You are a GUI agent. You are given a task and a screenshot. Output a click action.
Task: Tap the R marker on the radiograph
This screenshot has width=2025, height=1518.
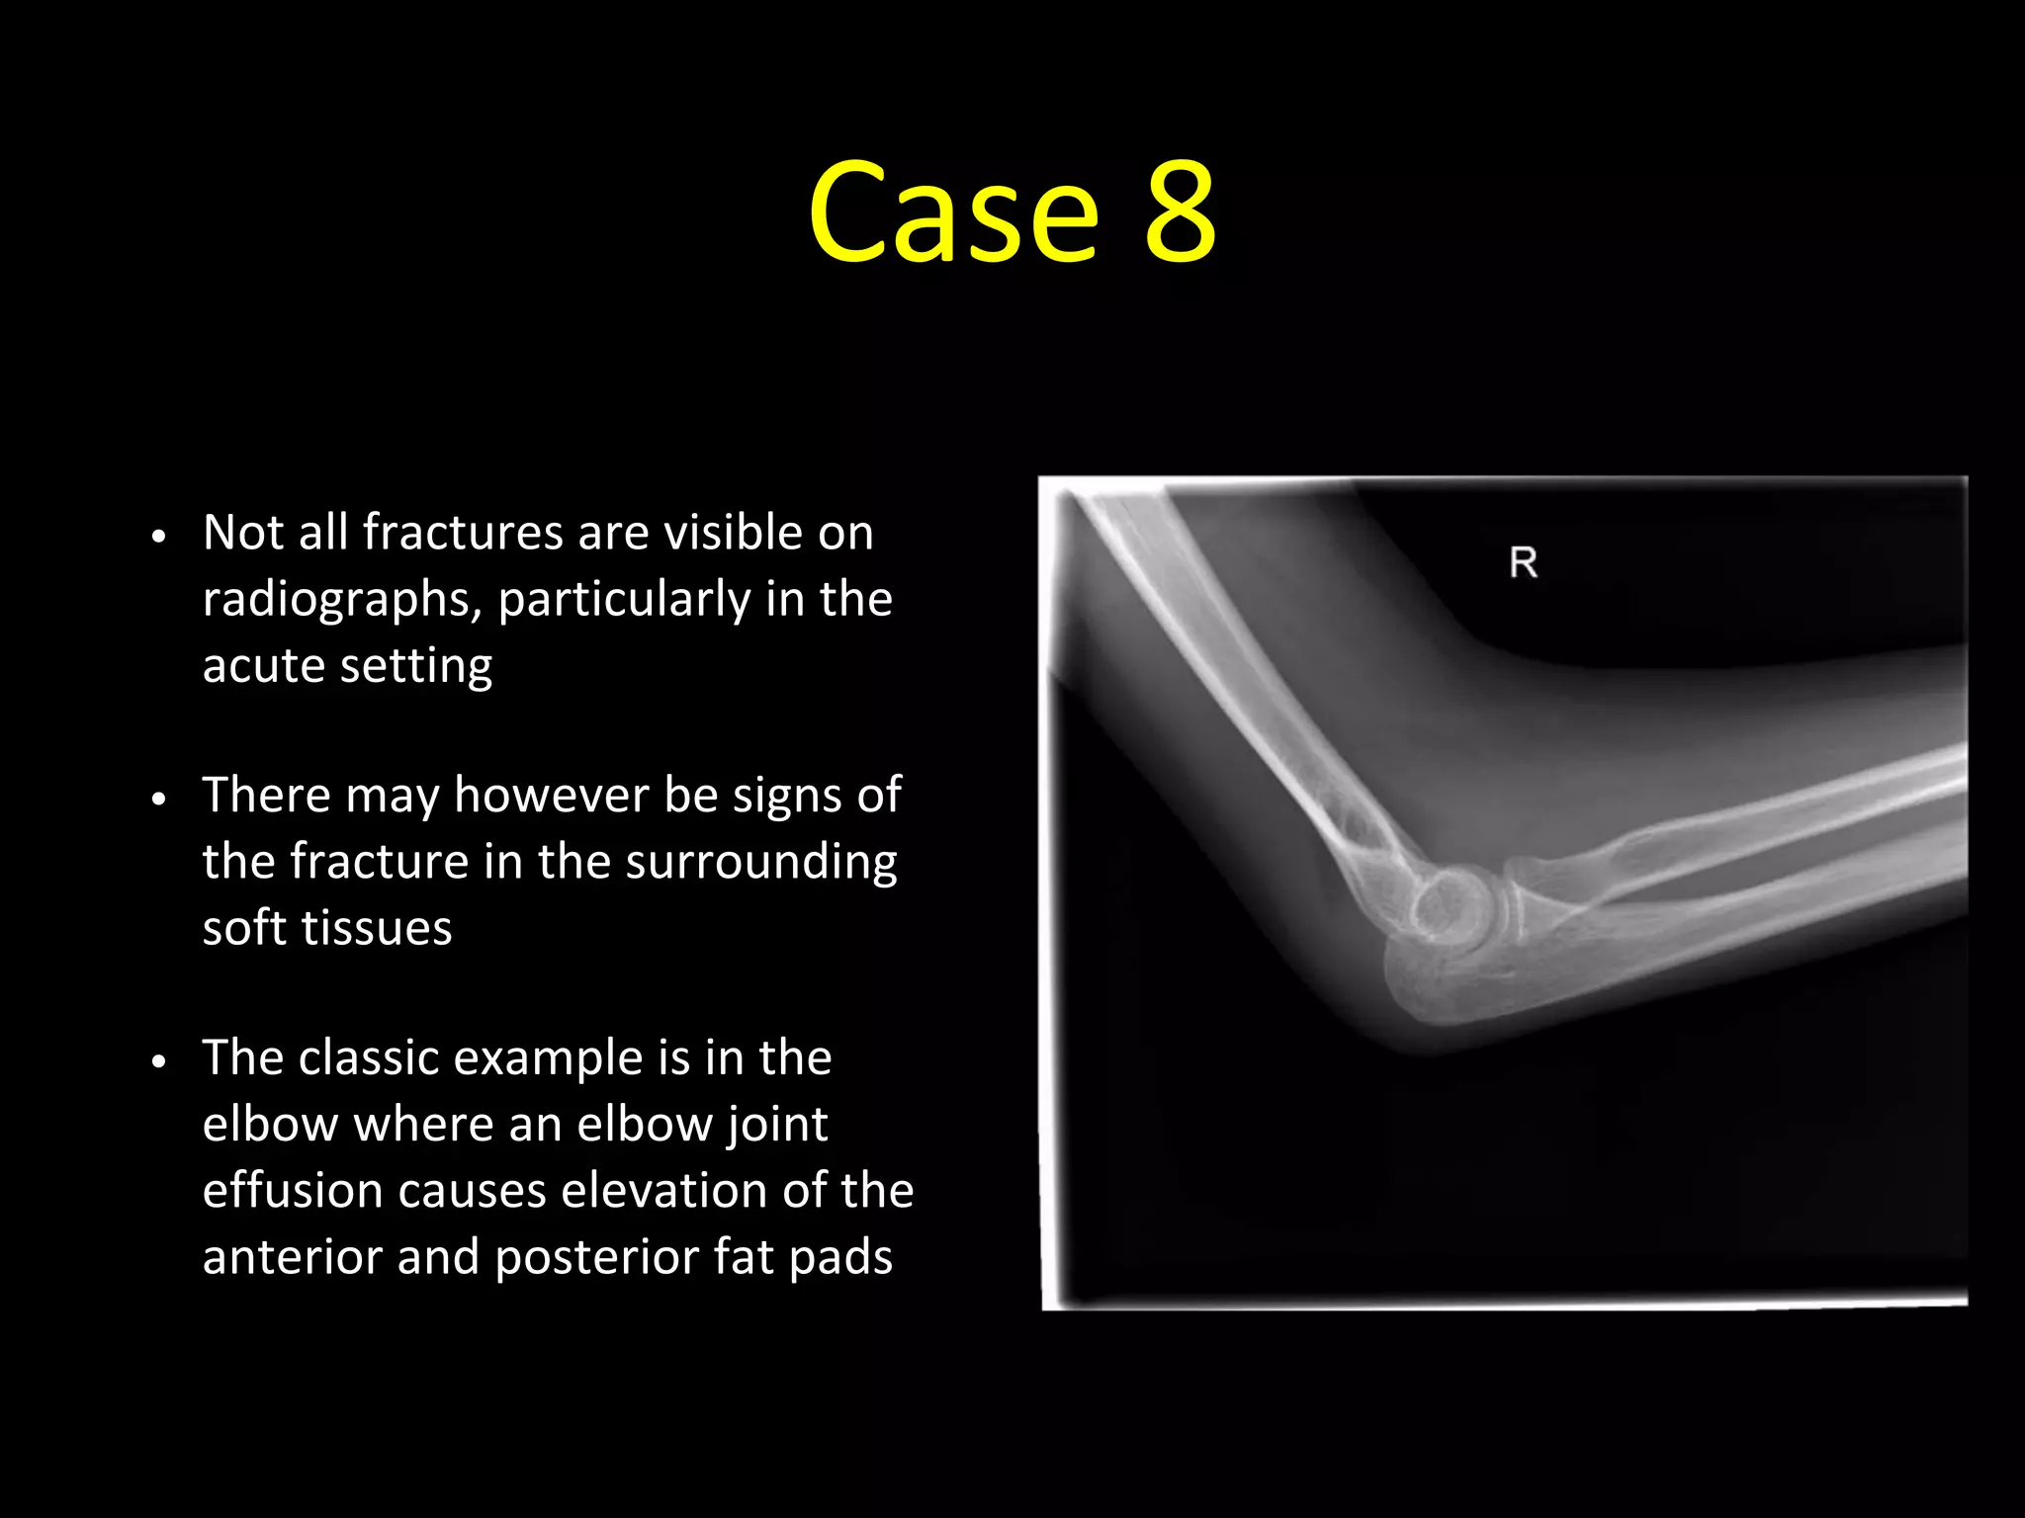pyautogui.click(x=1523, y=563)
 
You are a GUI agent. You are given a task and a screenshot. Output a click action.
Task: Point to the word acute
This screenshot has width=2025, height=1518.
pyautogui.click(x=262, y=665)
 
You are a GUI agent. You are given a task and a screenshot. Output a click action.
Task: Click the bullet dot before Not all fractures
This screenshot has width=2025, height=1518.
pyautogui.click(x=159, y=537)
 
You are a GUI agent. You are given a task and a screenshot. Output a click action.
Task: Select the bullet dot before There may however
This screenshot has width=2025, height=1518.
pyautogui.click(x=159, y=799)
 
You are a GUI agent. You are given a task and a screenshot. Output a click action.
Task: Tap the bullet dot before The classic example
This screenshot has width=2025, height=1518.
pyautogui.click(x=159, y=1061)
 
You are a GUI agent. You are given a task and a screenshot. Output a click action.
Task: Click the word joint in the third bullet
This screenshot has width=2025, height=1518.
pyautogui.click(x=776, y=1125)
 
